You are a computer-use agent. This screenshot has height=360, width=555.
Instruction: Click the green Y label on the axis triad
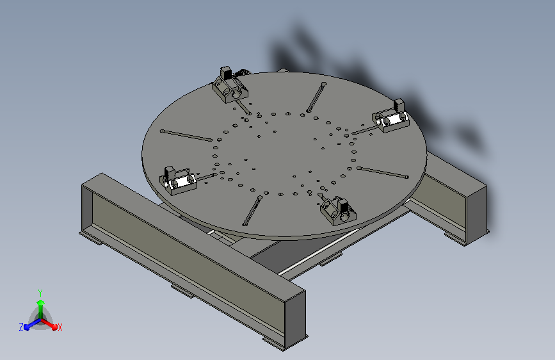[40, 293]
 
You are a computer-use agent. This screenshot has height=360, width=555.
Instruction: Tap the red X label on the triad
[60, 327]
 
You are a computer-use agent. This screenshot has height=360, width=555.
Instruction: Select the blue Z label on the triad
[21, 327]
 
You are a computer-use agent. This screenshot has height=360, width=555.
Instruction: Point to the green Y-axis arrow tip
[40, 302]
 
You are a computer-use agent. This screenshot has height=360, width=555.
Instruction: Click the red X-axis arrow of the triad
[49, 324]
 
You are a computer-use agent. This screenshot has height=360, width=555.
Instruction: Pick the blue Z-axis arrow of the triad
[33, 324]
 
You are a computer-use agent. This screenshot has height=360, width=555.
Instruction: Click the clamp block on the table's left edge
[178, 182]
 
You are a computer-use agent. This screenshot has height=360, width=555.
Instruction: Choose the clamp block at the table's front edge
[338, 212]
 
